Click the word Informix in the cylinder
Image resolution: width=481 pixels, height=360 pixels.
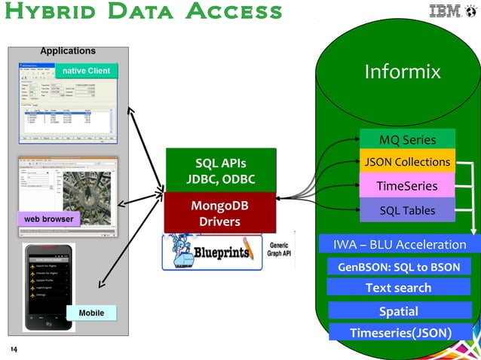tap(402, 72)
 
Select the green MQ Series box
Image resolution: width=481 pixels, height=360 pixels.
tap(407, 139)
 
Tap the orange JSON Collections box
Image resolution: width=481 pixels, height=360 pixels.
tap(407, 162)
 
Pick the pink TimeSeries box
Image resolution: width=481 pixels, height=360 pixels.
tap(407, 185)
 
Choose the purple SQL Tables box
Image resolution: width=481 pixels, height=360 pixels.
tap(407, 210)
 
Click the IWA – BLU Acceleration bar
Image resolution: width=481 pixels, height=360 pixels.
tap(400, 244)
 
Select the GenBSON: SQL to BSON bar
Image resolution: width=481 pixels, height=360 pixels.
tap(399, 267)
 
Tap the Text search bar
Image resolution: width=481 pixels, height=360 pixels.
tap(398, 288)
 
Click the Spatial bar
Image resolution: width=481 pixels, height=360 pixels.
tap(398, 311)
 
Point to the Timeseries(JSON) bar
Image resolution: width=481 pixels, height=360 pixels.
tap(400, 333)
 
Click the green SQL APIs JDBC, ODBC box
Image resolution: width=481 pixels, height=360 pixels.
tap(220, 171)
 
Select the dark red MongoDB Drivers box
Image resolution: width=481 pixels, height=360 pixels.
tap(219, 213)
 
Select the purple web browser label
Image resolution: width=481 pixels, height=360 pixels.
tap(48, 219)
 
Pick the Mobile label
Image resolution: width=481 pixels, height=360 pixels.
tap(91, 313)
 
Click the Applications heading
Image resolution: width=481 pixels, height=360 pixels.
tap(67, 51)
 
